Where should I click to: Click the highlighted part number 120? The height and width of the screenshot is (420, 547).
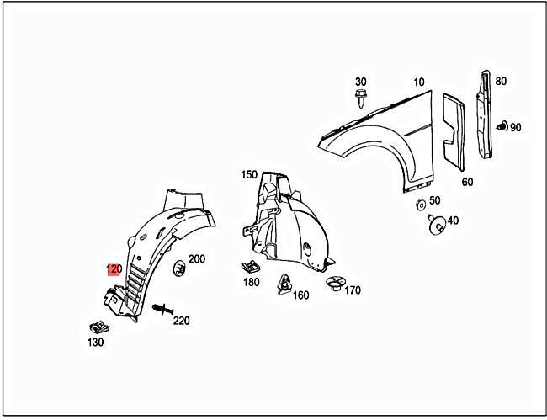click(114, 269)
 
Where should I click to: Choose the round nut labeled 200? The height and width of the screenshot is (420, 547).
click(180, 268)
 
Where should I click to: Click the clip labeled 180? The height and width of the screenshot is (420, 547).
click(250, 267)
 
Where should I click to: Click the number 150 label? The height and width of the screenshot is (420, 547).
click(249, 175)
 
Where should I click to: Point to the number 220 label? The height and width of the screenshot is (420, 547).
click(181, 321)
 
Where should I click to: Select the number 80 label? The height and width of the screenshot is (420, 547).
click(501, 82)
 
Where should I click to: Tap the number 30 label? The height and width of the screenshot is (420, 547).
click(360, 81)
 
